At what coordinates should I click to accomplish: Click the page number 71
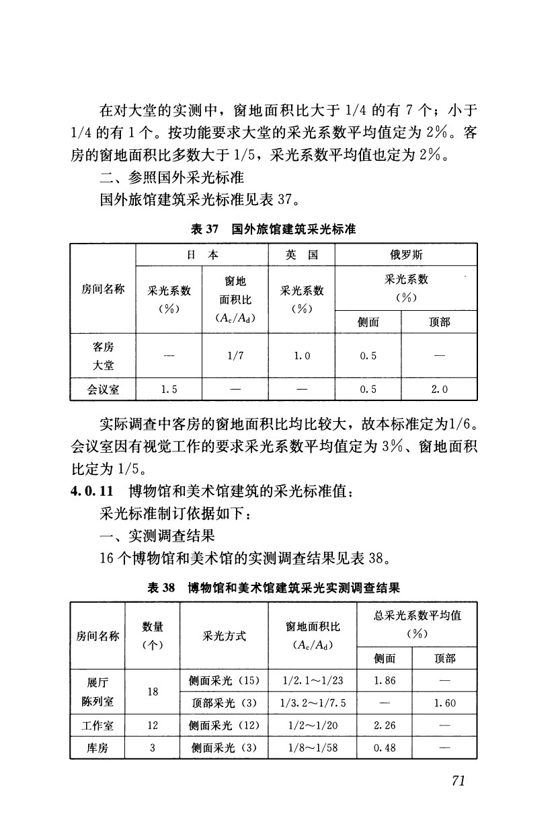459,780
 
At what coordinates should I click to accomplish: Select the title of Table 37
273,229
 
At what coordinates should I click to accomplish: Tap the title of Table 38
274,587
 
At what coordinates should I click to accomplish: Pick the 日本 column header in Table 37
202,255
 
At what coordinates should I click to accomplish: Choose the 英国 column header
301,255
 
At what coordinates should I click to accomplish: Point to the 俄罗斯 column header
405,255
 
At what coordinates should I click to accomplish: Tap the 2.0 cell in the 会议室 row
438,389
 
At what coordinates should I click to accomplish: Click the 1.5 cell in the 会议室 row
169,389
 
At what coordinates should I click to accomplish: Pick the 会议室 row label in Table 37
103,389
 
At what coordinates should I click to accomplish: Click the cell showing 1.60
444,703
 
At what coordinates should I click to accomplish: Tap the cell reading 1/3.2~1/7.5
313,703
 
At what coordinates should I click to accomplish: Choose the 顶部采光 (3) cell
224,703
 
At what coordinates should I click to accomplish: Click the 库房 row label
97,748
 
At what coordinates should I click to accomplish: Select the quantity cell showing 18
153,692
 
